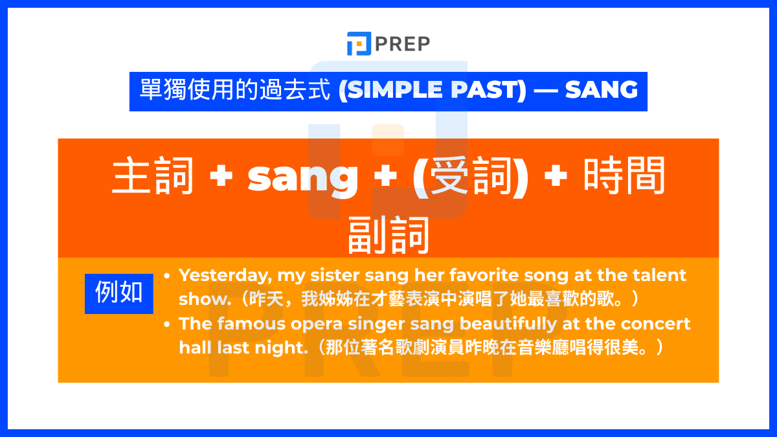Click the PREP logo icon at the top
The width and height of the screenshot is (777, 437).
[359, 43]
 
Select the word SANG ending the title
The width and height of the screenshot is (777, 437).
[601, 89]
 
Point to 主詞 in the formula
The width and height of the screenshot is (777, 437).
[153, 176]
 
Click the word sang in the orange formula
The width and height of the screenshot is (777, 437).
[302, 176]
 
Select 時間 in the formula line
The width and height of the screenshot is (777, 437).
[624, 176]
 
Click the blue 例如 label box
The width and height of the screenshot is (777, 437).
[119, 293]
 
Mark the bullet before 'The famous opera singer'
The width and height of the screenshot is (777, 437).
[167, 324]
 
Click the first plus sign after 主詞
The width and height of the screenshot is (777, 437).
[221, 177]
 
